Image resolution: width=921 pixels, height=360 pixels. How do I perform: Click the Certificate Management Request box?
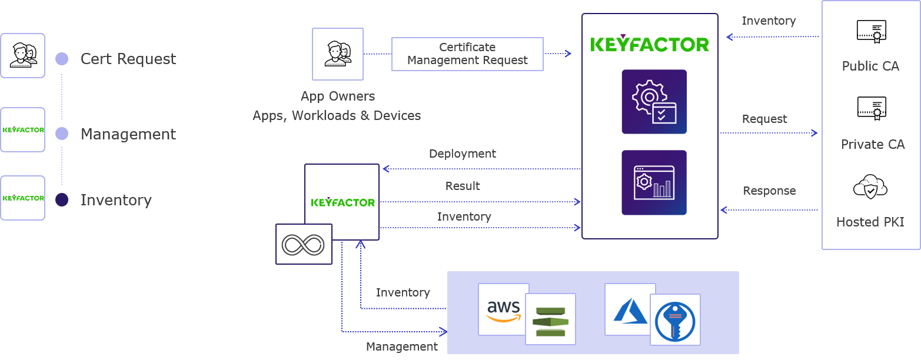click(x=467, y=54)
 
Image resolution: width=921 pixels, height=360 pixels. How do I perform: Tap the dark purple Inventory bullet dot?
click(x=62, y=200)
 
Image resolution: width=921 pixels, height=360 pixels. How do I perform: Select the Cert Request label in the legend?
click(x=128, y=59)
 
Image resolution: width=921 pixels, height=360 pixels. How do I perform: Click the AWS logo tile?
click(x=503, y=309)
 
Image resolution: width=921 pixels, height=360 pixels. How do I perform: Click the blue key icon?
click(x=675, y=322)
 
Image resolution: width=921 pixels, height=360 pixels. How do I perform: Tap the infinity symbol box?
click(x=304, y=244)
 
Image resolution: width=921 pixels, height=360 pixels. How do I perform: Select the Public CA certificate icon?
click(x=871, y=31)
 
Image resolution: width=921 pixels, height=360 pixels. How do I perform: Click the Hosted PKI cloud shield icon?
click(x=870, y=187)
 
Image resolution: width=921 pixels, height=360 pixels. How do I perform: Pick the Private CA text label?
click(x=873, y=144)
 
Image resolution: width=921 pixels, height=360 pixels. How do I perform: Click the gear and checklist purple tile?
click(x=654, y=102)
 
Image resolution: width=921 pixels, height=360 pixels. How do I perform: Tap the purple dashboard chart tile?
click(x=654, y=182)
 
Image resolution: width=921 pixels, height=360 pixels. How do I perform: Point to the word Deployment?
click(x=463, y=154)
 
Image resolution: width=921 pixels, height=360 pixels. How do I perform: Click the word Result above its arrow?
click(x=463, y=186)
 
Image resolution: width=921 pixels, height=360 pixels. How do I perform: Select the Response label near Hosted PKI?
click(x=769, y=191)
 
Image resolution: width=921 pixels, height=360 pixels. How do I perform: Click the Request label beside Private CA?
click(x=764, y=119)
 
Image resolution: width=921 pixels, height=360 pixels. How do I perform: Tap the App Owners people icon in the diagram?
click(x=338, y=54)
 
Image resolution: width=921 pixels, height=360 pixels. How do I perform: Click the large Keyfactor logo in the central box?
click(x=650, y=44)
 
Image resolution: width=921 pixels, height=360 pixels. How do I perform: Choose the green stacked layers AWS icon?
click(x=551, y=321)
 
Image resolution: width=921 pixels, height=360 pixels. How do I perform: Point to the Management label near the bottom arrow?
click(x=402, y=346)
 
